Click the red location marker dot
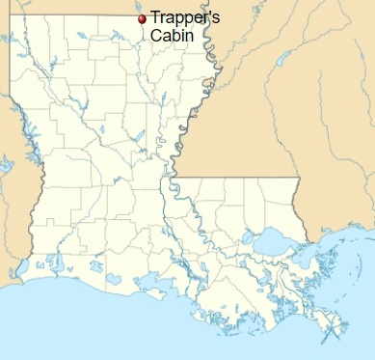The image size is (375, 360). pyautogui.click(x=143, y=18)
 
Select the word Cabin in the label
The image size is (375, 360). pyautogui.click(x=170, y=37)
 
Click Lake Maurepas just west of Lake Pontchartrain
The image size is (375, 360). pyautogui.click(x=248, y=234)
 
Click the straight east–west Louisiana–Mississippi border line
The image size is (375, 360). pyautogui.click(x=236, y=177)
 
